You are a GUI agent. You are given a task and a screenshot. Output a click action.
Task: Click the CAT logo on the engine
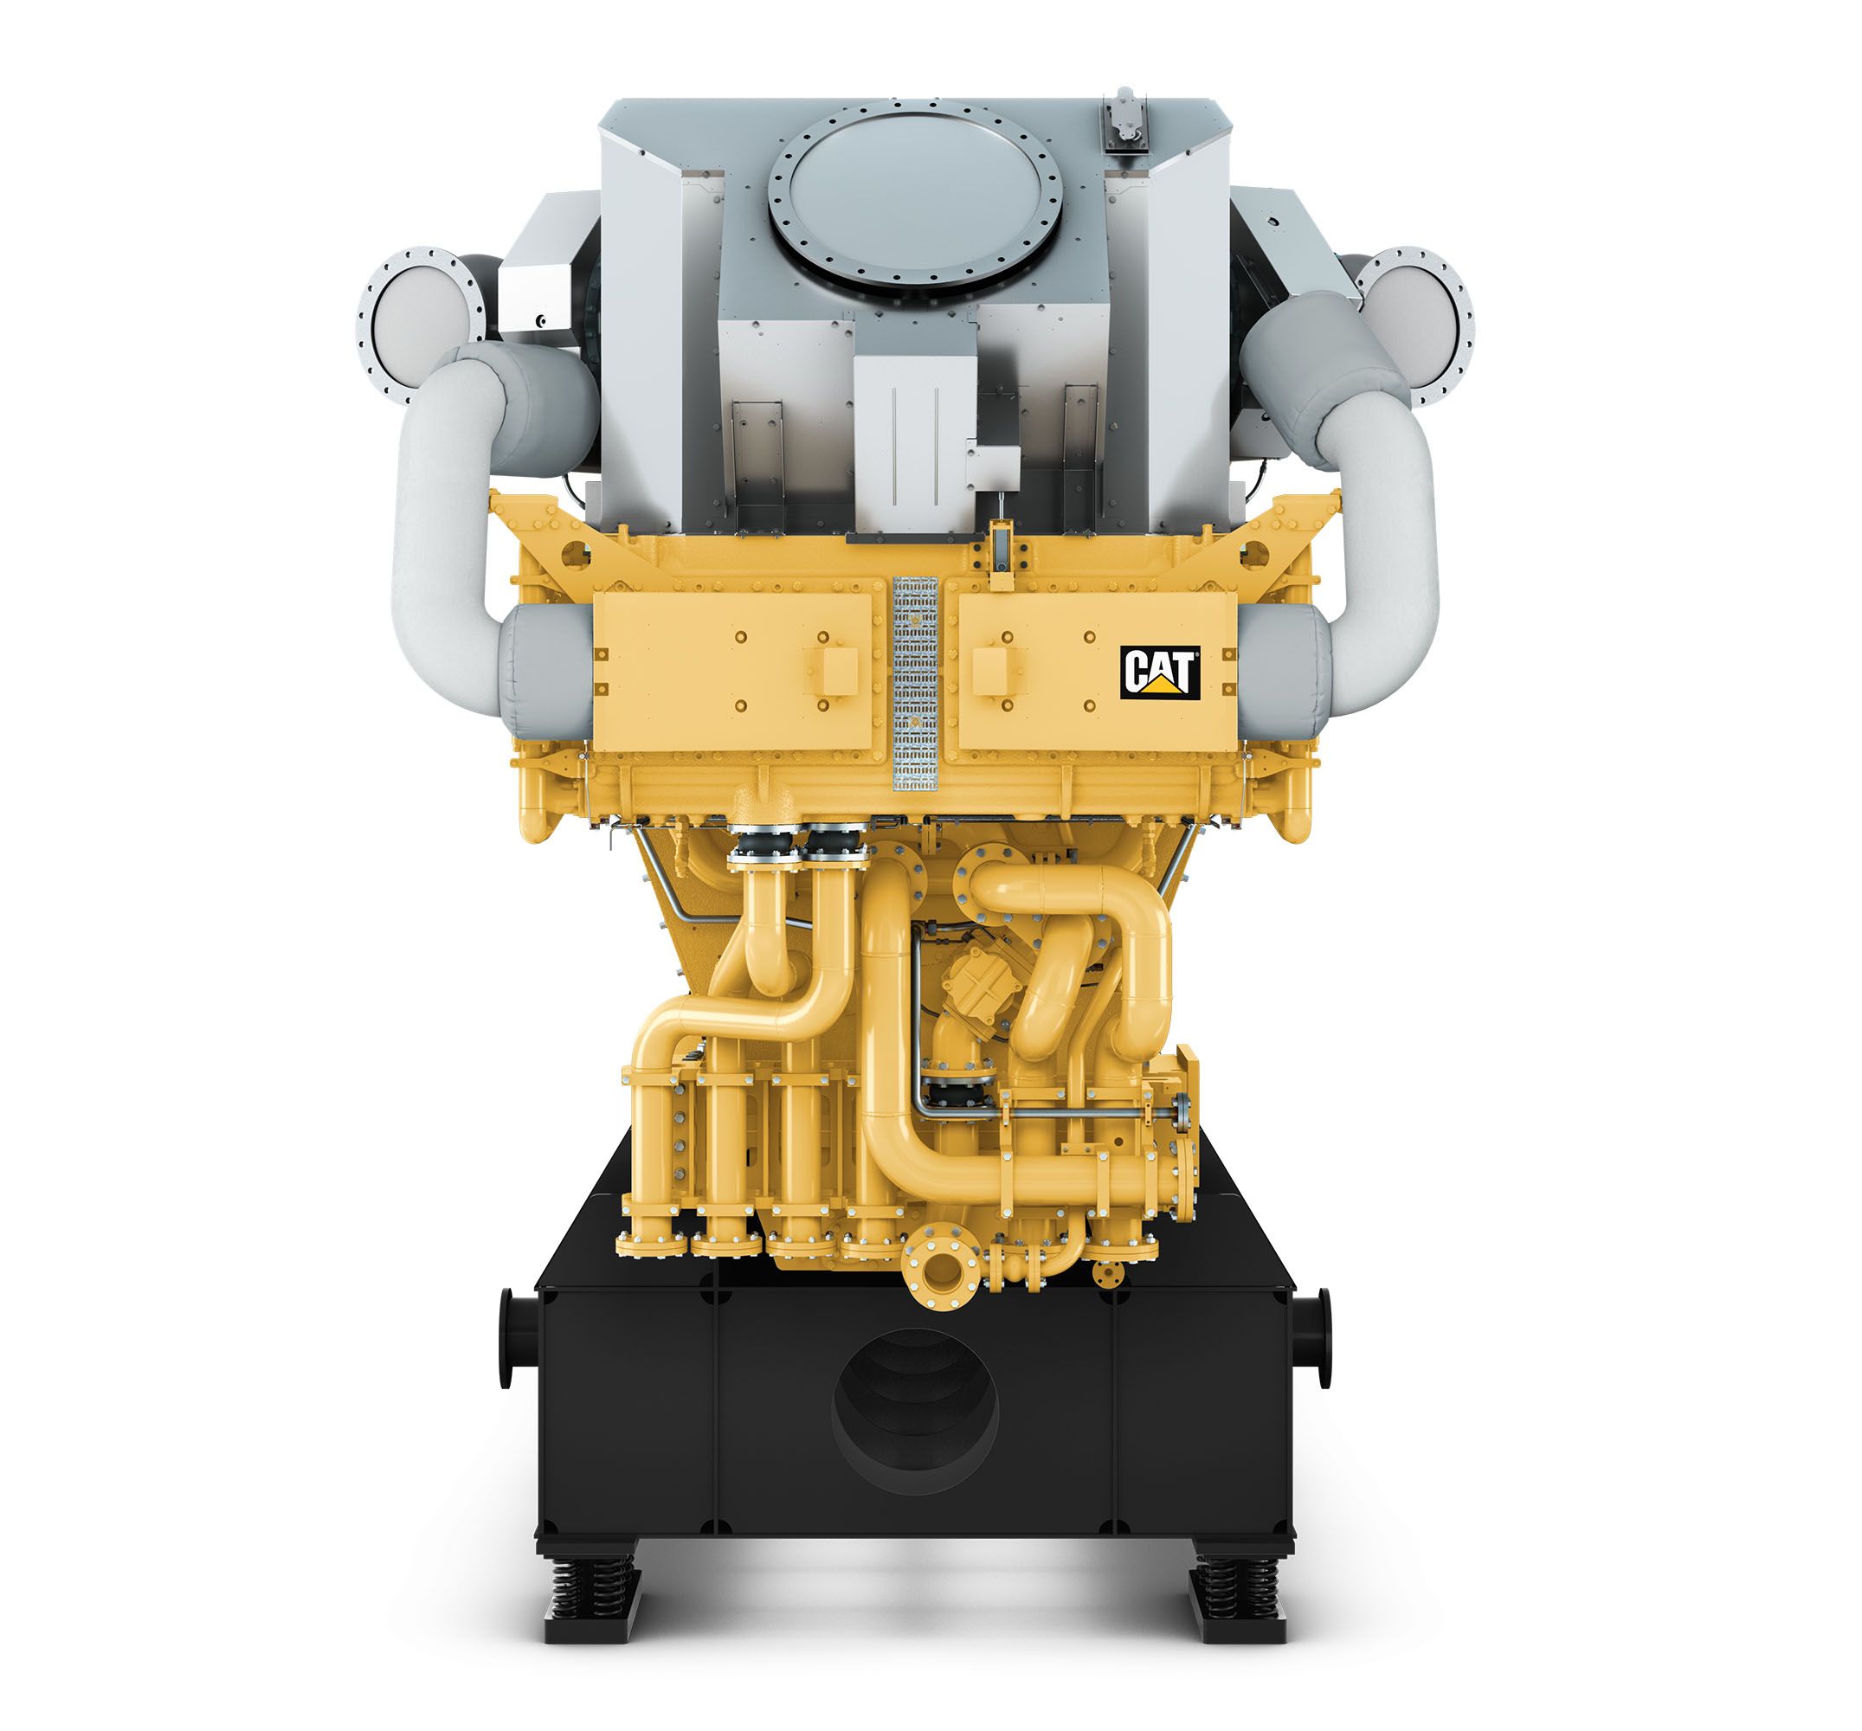[x=1160, y=672]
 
